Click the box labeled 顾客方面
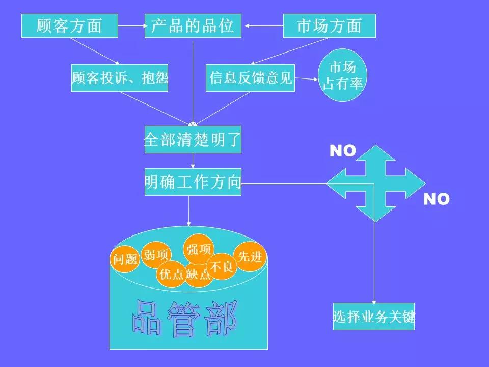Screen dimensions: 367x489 69,25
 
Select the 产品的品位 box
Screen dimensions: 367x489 193,25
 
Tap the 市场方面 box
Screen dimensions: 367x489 329,25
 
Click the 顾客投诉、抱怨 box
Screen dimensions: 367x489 119,78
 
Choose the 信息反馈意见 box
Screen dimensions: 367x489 250,78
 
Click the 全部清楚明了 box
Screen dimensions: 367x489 193,140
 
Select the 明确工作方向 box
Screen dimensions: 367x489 193,182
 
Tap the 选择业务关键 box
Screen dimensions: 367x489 373,317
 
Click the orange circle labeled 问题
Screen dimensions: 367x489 124,259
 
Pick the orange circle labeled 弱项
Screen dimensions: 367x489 155,254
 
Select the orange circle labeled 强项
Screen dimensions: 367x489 199,249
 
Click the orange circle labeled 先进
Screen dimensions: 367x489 250,256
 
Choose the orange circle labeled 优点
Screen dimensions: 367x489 171,275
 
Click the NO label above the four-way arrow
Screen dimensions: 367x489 342,151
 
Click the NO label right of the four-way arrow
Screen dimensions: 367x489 437,199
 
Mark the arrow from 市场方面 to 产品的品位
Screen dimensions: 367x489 262,25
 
